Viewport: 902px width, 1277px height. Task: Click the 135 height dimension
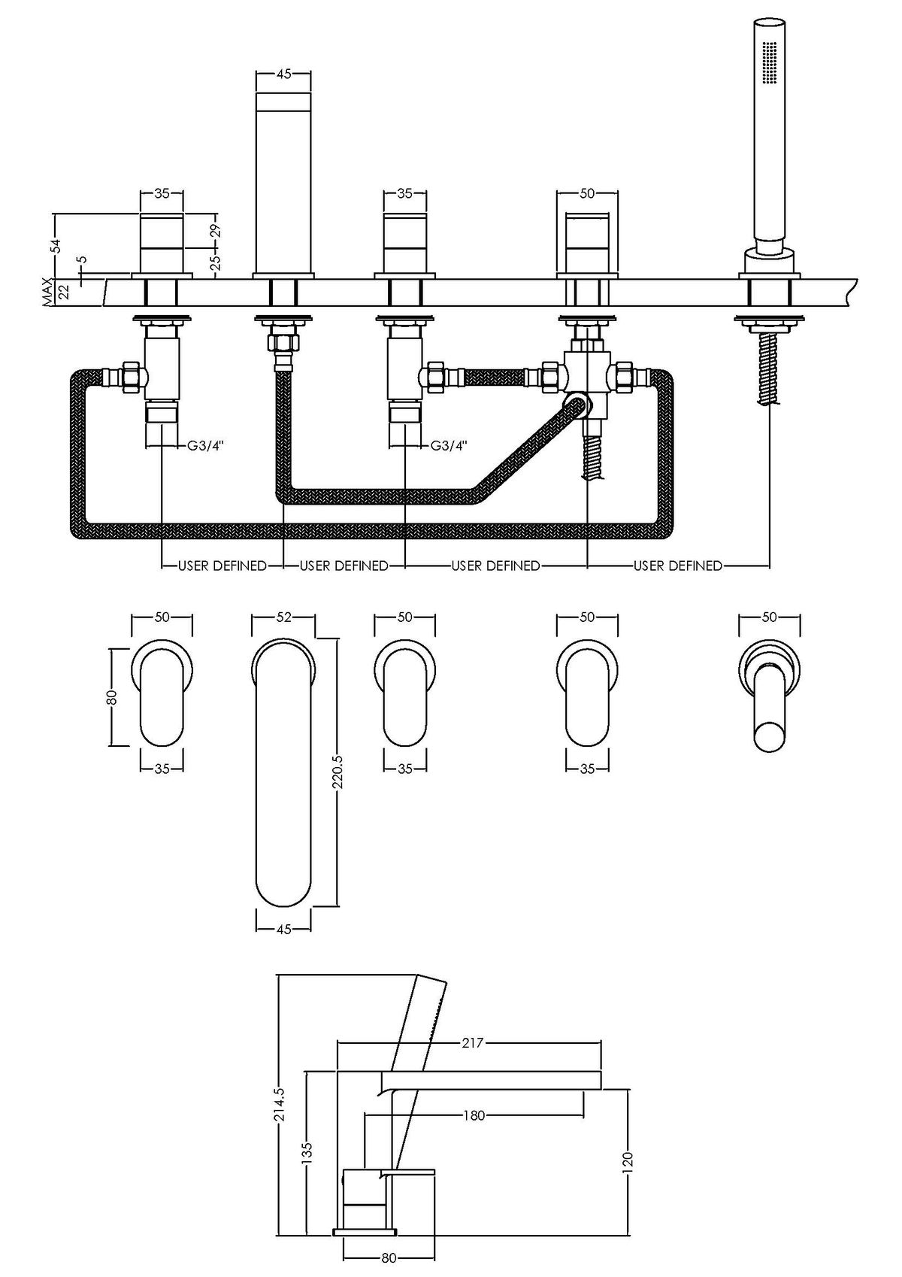[307, 1158]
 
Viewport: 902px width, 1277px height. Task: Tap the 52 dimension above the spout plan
[283, 617]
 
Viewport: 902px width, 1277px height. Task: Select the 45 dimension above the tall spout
[284, 74]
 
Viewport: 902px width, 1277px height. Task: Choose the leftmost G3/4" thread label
[205, 445]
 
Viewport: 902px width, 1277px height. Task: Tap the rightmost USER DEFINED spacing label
[677, 566]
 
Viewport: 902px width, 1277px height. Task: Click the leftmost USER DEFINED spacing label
[222, 566]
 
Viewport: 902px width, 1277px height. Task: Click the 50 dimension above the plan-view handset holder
[769, 617]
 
